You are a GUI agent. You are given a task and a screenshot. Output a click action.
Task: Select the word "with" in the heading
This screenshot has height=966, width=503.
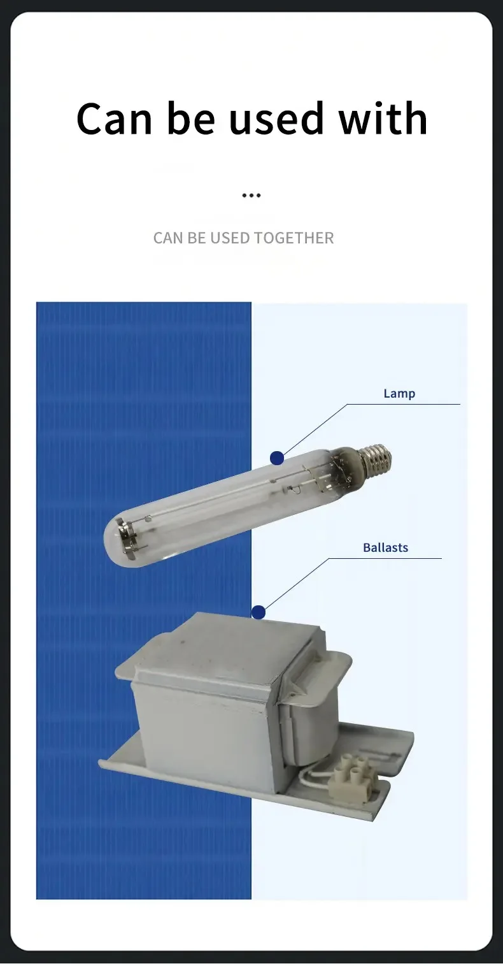(x=383, y=119)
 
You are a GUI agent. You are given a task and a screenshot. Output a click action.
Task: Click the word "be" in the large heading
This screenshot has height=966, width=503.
(x=190, y=119)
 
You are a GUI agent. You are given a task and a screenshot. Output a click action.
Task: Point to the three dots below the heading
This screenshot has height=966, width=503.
(x=251, y=196)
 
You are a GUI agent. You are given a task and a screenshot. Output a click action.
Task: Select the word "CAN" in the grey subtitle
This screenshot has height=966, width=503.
(x=168, y=238)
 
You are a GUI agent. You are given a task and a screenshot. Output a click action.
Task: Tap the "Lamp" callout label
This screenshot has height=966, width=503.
(x=399, y=394)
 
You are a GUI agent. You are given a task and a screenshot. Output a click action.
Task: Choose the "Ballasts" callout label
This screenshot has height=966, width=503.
(x=385, y=547)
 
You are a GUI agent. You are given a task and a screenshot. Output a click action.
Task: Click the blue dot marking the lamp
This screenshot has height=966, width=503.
(x=276, y=458)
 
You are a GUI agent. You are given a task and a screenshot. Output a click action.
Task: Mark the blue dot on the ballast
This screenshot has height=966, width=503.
(x=258, y=612)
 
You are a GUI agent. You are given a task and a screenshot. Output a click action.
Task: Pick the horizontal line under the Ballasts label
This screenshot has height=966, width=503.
(x=395, y=558)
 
